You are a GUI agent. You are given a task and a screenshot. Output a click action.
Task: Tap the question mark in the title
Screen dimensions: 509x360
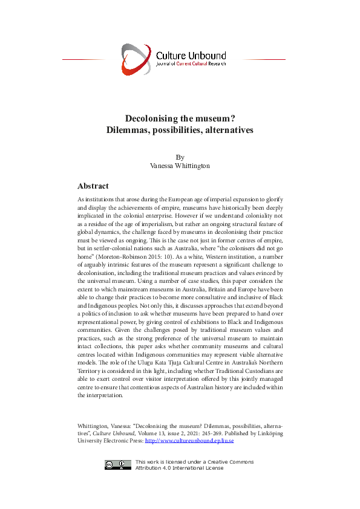pyautogui.click(x=232, y=118)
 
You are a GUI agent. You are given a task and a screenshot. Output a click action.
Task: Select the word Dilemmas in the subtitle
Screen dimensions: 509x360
pyautogui.click(x=127, y=130)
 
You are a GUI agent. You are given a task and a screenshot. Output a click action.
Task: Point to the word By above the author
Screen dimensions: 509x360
pyautogui.click(x=180, y=157)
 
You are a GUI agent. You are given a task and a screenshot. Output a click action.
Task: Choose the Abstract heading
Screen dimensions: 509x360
pyautogui.click(x=93, y=186)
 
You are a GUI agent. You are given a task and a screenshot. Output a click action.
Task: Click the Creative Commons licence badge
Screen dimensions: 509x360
pyautogui.click(x=118, y=464)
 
